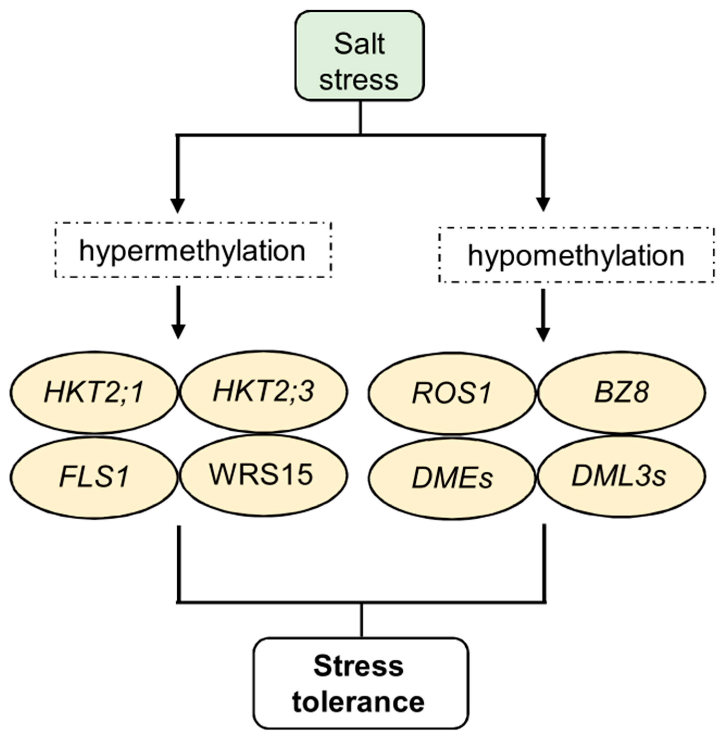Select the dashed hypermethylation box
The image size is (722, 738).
click(x=193, y=250)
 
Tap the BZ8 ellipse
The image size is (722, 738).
click(x=622, y=392)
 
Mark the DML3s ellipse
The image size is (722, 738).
click(x=622, y=477)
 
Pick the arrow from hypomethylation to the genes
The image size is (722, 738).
click(x=543, y=315)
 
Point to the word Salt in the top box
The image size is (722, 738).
click(x=359, y=44)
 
